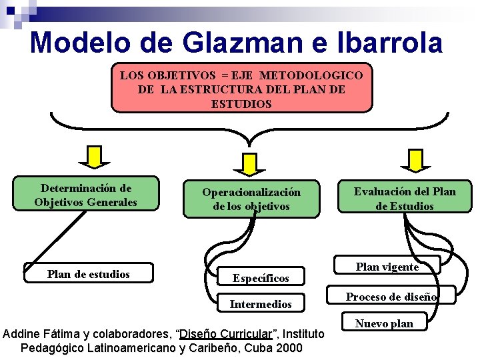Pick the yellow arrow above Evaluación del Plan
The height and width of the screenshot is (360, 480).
pyautogui.click(x=415, y=159)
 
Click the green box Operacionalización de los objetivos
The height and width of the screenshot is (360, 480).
pyautogui.click(x=251, y=199)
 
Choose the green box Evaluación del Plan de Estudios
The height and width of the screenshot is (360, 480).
pyautogui.click(x=405, y=199)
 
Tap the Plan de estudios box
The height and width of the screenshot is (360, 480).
pyautogui.click(x=89, y=274)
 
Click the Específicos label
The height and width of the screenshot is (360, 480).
pyautogui.click(x=261, y=278)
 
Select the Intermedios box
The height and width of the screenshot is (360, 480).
pyautogui.click(x=261, y=304)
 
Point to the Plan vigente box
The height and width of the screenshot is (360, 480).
pyautogui.click(x=387, y=267)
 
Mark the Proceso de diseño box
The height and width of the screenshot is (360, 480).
pyautogui.click(x=391, y=297)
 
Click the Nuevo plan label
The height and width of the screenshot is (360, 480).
pyautogui.click(x=384, y=323)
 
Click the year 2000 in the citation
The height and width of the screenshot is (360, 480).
pyautogui.click(x=289, y=348)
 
